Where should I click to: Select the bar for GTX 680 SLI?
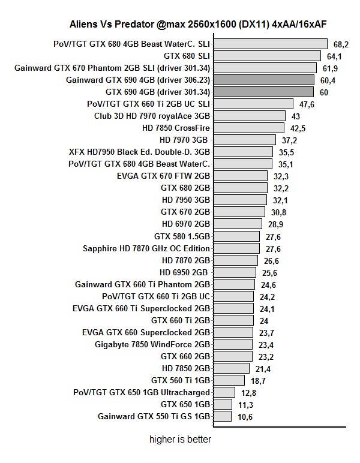pyautogui.click(x=267, y=56)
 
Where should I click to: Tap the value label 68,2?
pyautogui.click(x=341, y=44)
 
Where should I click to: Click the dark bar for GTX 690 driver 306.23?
pyautogui.click(x=264, y=80)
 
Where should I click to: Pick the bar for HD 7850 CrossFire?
pyautogui.click(x=248, y=128)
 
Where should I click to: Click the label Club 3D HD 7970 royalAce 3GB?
pyautogui.click(x=152, y=116)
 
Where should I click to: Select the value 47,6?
pyautogui.click(x=307, y=104)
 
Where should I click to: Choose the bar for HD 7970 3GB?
pyautogui.click(x=245, y=140)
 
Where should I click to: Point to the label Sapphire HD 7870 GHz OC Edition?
pyautogui.click(x=146, y=248)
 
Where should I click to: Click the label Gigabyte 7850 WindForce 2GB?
pyautogui.click(x=152, y=344)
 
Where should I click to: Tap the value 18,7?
pyautogui.click(x=257, y=380)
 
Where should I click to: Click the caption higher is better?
pyautogui.click(x=180, y=439)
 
